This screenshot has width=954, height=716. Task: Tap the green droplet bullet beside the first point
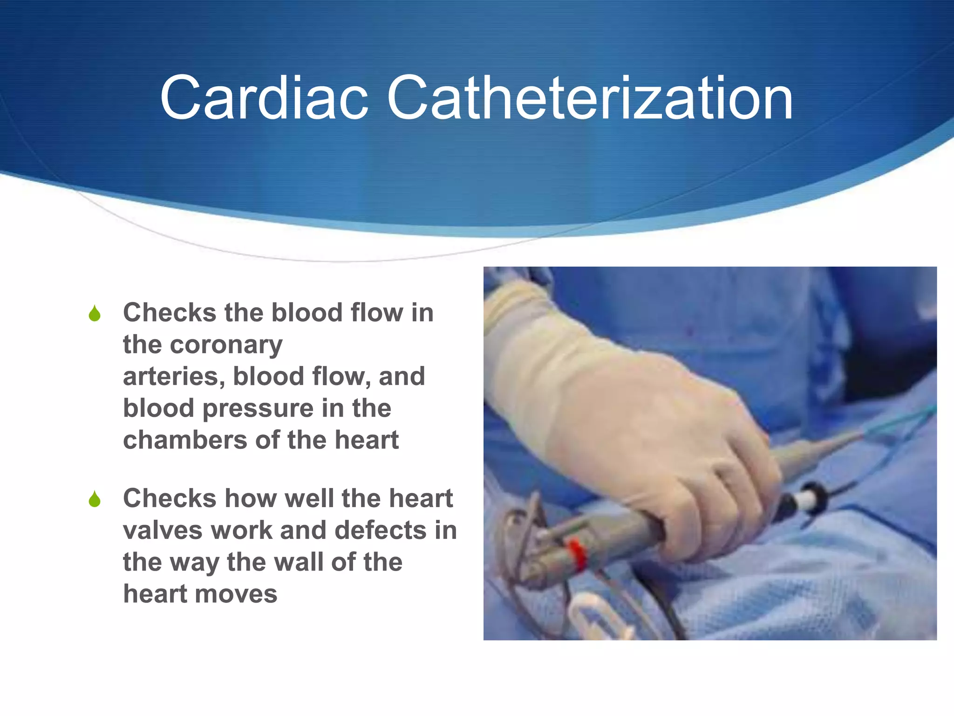[x=95, y=314]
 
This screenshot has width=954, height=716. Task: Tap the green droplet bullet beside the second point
[x=95, y=499]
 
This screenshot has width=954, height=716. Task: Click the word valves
[x=163, y=531]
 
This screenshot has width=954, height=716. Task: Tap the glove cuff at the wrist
[x=517, y=322]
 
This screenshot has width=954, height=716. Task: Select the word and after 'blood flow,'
[x=402, y=377]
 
